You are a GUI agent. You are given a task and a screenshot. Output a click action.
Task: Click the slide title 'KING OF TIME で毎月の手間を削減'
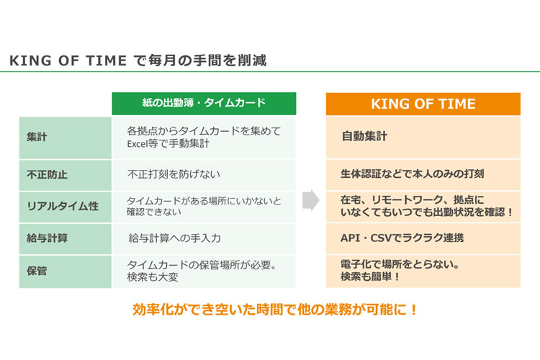[x=138, y=60]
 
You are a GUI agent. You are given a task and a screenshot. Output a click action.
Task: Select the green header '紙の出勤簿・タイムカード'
[x=204, y=103]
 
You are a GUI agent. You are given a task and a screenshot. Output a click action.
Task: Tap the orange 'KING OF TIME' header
[x=423, y=104]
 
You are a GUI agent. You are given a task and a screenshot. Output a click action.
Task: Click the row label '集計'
[x=37, y=137]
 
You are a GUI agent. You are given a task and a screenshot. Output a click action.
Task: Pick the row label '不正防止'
[x=47, y=174]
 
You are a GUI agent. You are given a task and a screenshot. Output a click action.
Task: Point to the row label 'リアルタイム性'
[x=63, y=206]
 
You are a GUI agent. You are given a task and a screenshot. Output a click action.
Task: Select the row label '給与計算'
[x=47, y=238]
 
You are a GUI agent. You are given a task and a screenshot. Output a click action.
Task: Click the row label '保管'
[x=37, y=271]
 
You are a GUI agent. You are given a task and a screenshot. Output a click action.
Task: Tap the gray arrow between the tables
[x=311, y=200]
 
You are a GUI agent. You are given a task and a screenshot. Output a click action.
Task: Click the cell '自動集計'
[x=364, y=136]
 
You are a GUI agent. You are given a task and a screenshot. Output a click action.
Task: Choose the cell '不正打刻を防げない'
[x=174, y=174]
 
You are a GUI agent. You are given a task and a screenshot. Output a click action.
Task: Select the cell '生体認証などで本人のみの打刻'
[x=413, y=174]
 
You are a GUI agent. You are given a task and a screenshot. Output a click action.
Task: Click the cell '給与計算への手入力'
[x=174, y=238]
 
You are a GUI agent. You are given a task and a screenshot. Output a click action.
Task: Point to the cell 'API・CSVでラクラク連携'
[x=402, y=238]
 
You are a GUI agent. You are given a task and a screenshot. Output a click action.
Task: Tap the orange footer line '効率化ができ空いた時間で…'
[x=274, y=310]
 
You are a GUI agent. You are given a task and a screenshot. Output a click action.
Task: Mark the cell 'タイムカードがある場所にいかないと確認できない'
[x=204, y=206]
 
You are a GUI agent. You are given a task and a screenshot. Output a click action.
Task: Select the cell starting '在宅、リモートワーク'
[x=427, y=206]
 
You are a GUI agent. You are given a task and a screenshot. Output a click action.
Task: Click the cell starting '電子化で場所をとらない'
[x=400, y=271]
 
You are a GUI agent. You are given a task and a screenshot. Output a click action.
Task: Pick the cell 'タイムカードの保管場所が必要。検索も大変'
[x=202, y=271]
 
